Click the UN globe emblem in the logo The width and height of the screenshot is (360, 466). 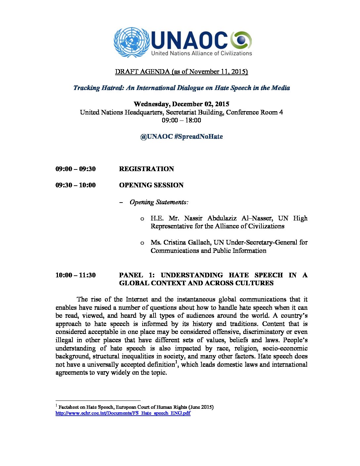[132, 42]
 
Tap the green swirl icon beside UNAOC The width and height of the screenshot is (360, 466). [241, 40]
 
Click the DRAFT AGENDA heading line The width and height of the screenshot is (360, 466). [181, 71]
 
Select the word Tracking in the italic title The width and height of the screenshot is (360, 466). [87, 88]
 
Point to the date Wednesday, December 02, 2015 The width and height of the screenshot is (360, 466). [181, 104]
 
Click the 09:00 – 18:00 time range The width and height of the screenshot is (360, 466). [181, 120]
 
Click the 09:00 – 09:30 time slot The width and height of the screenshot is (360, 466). [75, 169]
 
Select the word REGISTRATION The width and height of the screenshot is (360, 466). [146, 169]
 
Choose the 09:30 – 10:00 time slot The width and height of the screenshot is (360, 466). [75, 185]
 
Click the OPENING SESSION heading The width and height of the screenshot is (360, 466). [151, 185]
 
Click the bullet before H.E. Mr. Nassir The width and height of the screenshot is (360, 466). [142, 219]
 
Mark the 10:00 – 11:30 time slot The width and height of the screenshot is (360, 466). [75, 275]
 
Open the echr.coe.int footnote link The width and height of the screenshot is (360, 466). [123, 413]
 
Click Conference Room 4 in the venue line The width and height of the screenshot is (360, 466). [254, 112]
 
